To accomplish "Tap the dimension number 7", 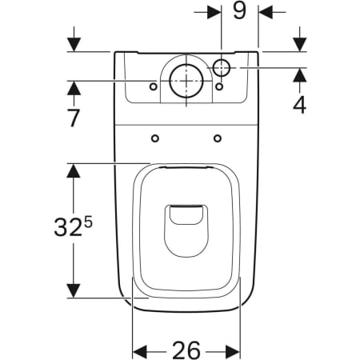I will (x=74, y=118).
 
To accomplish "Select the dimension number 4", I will (x=299, y=104).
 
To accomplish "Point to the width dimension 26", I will (x=186, y=350).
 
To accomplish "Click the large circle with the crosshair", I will (x=186, y=81).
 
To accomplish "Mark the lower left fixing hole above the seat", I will (x=154, y=138).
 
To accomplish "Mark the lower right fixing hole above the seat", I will (x=218, y=138).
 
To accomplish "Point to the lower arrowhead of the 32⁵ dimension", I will (x=74, y=290).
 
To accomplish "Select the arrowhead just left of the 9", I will (x=214, y=12).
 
